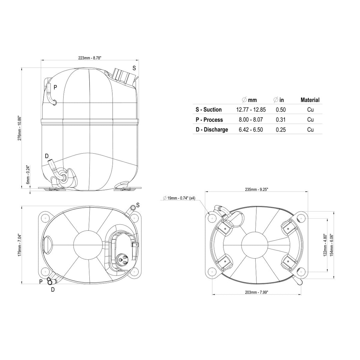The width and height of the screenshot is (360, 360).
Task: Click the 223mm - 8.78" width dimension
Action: pos(90,58)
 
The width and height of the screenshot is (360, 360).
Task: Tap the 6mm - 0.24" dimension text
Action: pos(28,174)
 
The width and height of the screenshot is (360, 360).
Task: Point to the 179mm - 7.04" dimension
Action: pos(20,245)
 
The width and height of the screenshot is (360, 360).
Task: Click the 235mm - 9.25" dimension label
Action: pos(256,189)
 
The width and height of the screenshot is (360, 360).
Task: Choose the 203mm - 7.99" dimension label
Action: pos(256,292)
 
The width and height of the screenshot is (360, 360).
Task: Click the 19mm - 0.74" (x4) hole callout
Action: pos(179,198)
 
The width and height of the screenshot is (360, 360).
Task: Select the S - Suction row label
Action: pos(208,110)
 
